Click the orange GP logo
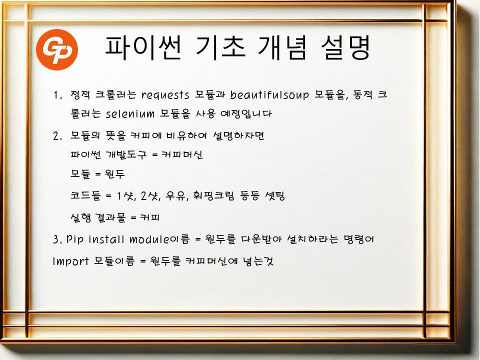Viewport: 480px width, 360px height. point(57,49)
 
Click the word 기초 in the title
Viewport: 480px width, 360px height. point(220,48)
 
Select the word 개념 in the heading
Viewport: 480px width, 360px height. point(282,48)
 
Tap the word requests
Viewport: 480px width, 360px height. point(165,95)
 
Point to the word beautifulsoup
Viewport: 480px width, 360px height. point(269,95)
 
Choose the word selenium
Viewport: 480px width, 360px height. point(130,114)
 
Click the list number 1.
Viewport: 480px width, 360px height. point(57,95)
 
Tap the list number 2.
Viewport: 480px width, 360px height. point(57,135)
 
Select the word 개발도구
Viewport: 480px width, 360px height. point(126,154)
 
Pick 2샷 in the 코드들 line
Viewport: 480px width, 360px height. point(150,195)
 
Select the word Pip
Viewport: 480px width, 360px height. point(74,239)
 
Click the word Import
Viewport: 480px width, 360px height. point(70,261)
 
